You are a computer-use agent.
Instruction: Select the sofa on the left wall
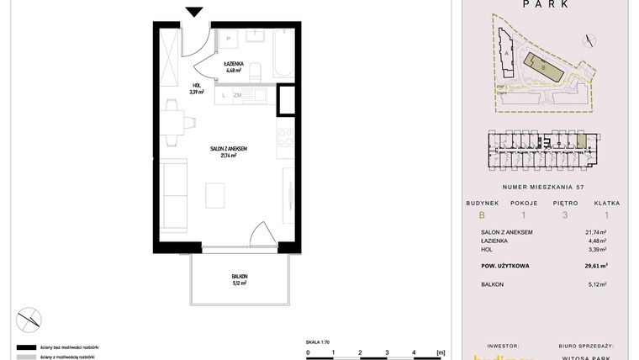coord(174,193)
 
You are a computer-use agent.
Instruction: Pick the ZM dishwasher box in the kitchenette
coord(238,97)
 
